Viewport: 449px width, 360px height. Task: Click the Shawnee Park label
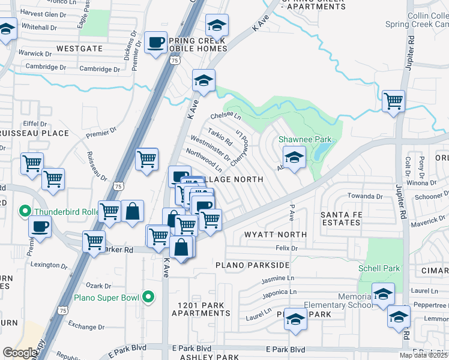305,140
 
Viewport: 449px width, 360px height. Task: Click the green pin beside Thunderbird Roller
25,211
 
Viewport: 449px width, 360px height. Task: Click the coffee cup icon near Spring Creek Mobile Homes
156,43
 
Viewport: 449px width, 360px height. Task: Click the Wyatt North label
276,235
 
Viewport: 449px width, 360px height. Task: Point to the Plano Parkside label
250,265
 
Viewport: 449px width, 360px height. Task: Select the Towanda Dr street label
363,196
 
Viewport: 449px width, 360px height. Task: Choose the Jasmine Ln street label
278,278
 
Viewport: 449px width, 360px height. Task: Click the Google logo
20,353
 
